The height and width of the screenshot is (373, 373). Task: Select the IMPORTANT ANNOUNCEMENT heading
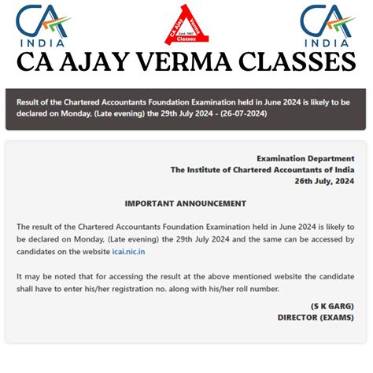[186, 204]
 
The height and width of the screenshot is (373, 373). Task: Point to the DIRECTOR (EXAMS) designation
[316, 318]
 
